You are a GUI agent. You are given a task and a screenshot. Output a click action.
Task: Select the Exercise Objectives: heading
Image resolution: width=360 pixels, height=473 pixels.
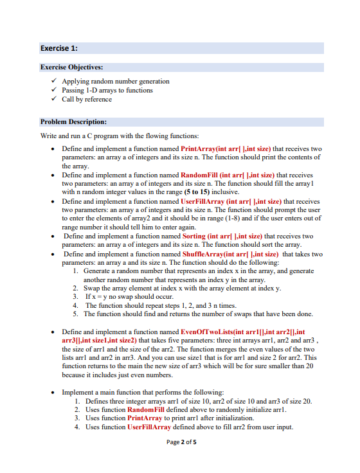pyautogui.click(x=71, y=67)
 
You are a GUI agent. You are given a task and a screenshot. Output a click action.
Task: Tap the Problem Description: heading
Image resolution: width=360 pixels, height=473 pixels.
pyautogui.click(x=73, y=121)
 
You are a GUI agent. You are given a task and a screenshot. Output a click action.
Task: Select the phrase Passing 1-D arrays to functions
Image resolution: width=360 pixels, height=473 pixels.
pyautogui.click(x=107, y=91)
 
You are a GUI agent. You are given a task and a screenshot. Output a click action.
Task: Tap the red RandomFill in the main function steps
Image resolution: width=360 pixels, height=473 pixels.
pyautogui.click(x=148, y=409)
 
